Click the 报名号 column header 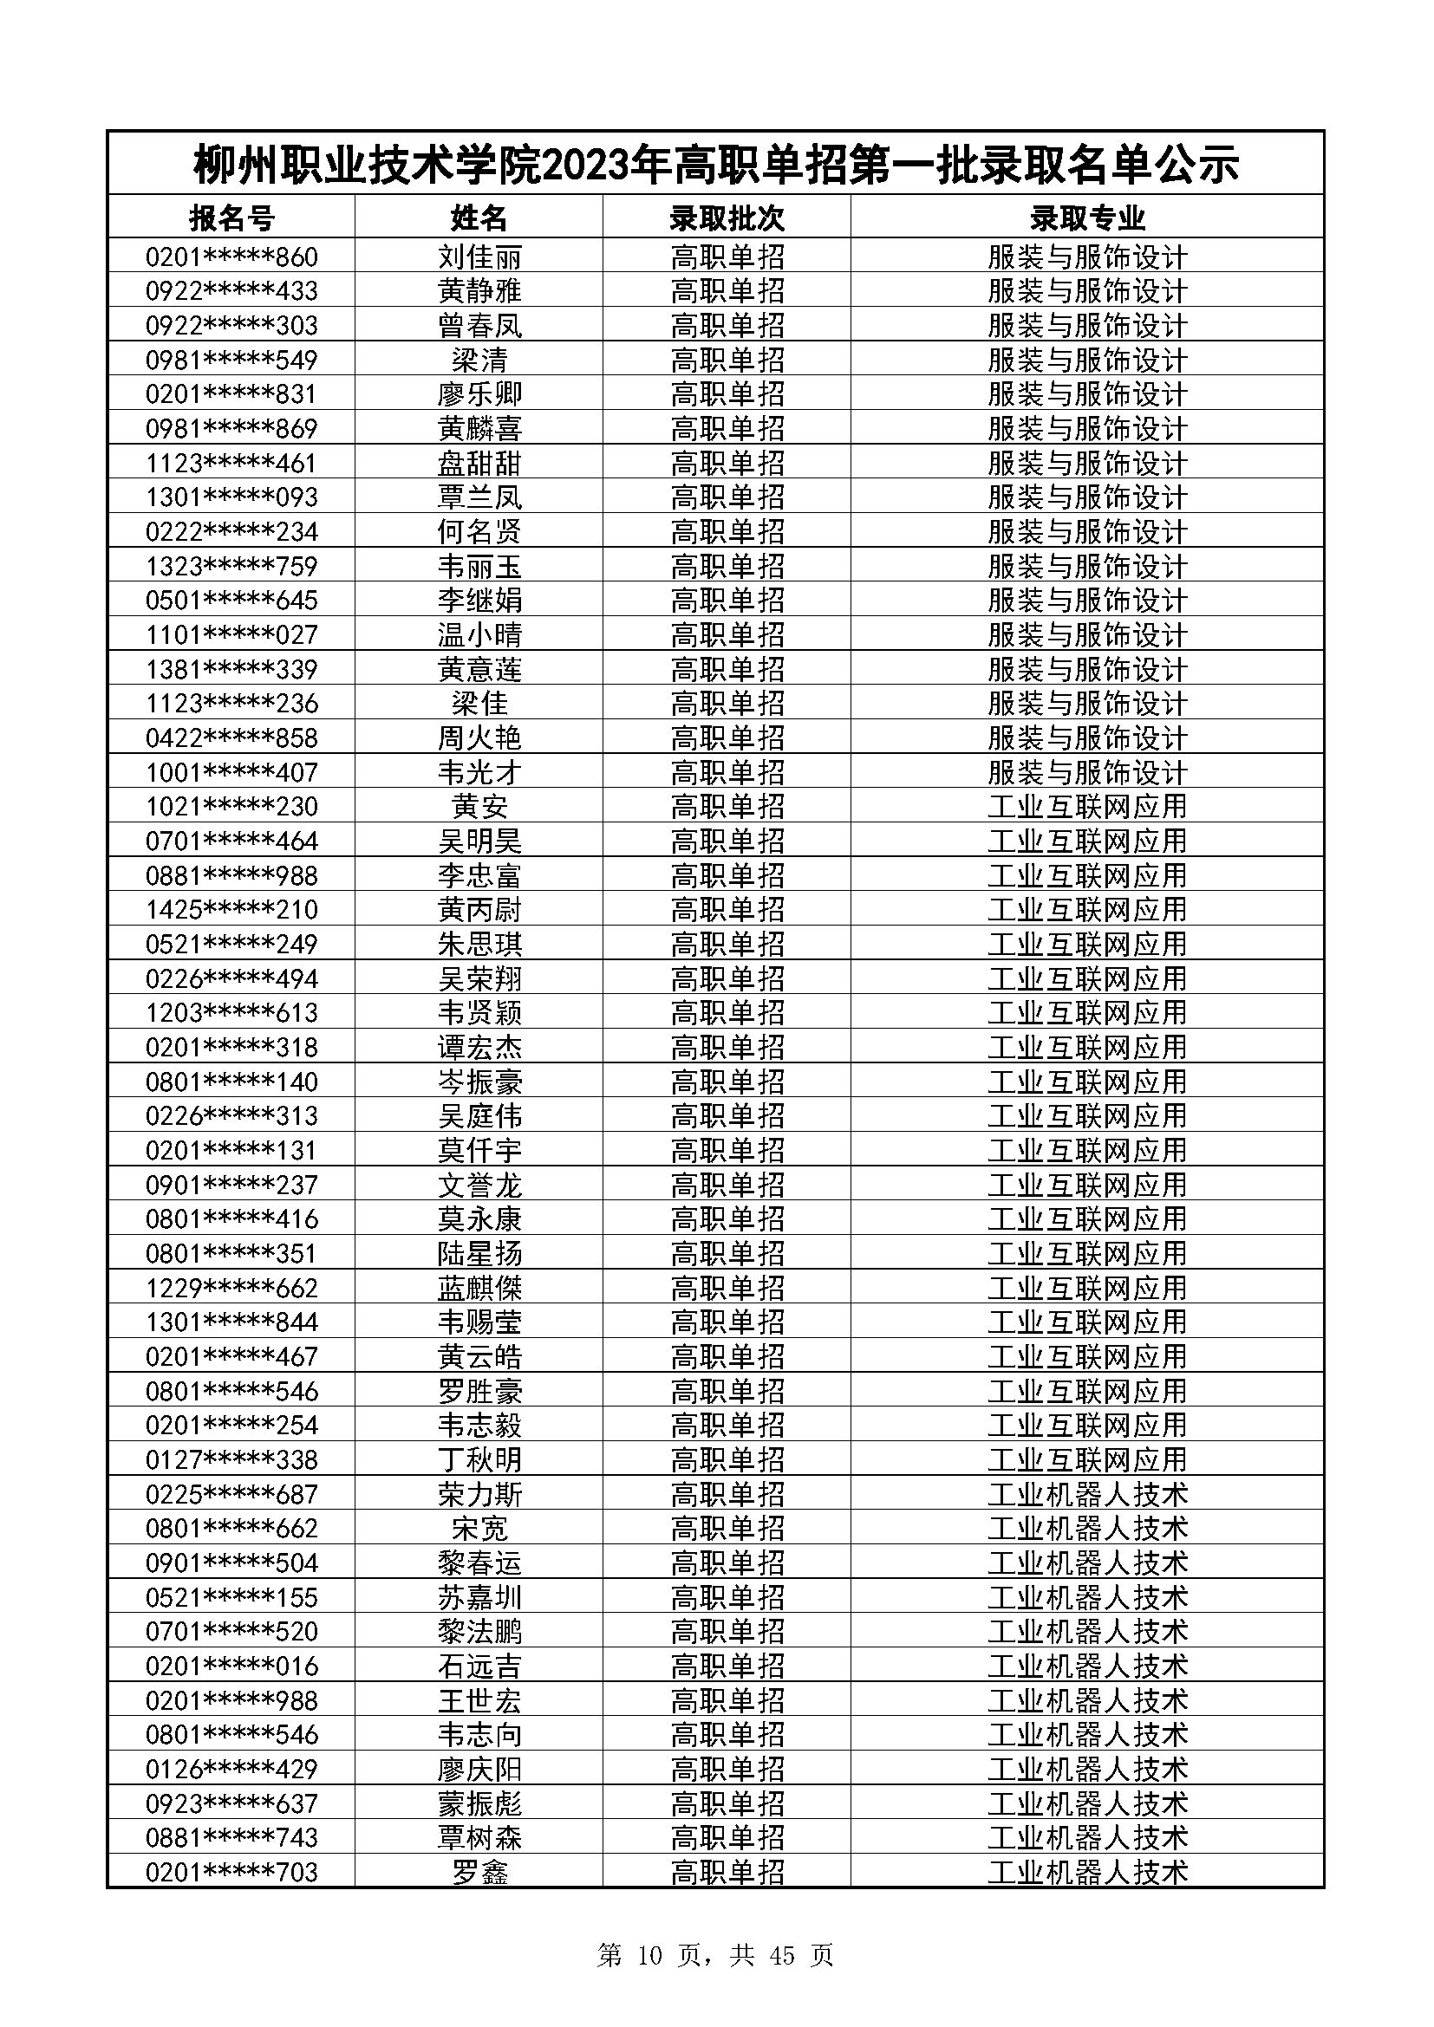(x=231, y=218)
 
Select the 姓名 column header (x=479, y=218)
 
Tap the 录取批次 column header (x=727, y=218)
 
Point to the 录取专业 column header (x=1087, y=218)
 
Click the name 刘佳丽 (x=479, y=257)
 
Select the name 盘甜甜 (x=479, y=463)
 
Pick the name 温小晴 (x=479, y=634)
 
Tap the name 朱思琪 (x=479, y=944)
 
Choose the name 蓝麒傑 (x=479, y=1287)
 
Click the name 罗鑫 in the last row (x=479, y=1872)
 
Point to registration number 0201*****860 (x=231, y=257)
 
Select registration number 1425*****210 (x=231, y=909)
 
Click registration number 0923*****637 (x=231, y=1803)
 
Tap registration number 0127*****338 (x=231, y=1459)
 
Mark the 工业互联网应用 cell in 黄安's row (x=1087, y=806)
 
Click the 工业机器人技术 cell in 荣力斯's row (x=1087, y=1494)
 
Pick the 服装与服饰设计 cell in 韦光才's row (x=1087, y=772)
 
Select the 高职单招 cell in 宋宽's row (x=727, y=1528)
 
